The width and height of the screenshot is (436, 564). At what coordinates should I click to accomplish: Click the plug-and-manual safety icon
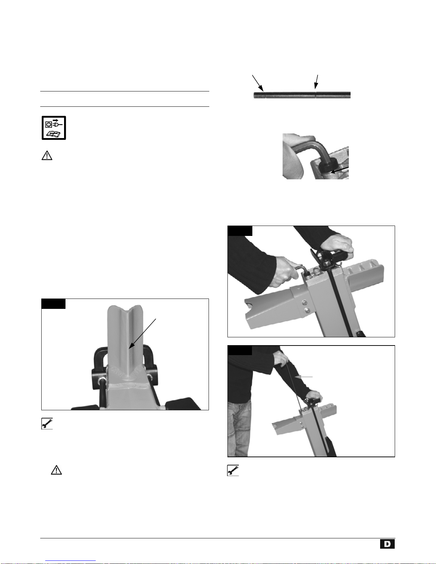(54, 128)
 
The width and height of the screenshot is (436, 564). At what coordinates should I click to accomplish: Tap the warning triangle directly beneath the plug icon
(47, 156)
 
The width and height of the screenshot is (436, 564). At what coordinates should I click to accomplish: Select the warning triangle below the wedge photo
(56, 470)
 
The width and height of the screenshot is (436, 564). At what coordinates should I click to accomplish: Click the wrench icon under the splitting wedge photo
(47, 423)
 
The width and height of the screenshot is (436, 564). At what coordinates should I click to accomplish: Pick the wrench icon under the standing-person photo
(233, 470)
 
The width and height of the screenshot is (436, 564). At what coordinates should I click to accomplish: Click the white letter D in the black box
(387, 544)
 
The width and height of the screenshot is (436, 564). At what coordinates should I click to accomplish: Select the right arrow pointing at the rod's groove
(316, 82)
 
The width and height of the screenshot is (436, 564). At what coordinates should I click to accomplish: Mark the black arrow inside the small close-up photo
(340, 170)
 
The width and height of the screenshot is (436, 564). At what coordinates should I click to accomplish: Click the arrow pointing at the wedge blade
(142, 334)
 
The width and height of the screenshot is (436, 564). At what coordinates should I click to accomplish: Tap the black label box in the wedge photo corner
(53, 304)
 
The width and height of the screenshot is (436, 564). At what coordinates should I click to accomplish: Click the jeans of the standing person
(239, 428)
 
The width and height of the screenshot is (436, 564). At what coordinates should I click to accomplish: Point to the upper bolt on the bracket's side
(305, 302)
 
